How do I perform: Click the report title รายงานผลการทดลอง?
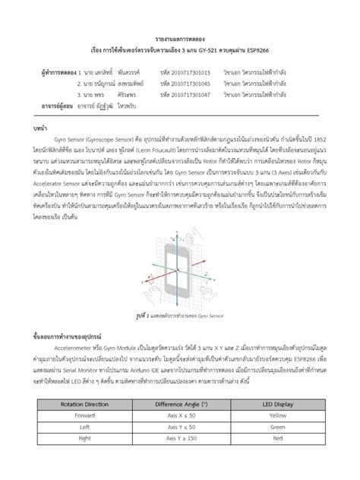click(x=180, y=37)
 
